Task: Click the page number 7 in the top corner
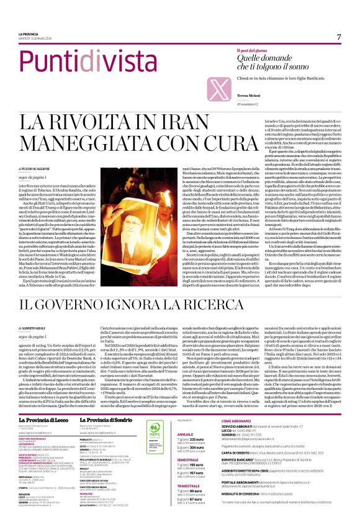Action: click(339, 37)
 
